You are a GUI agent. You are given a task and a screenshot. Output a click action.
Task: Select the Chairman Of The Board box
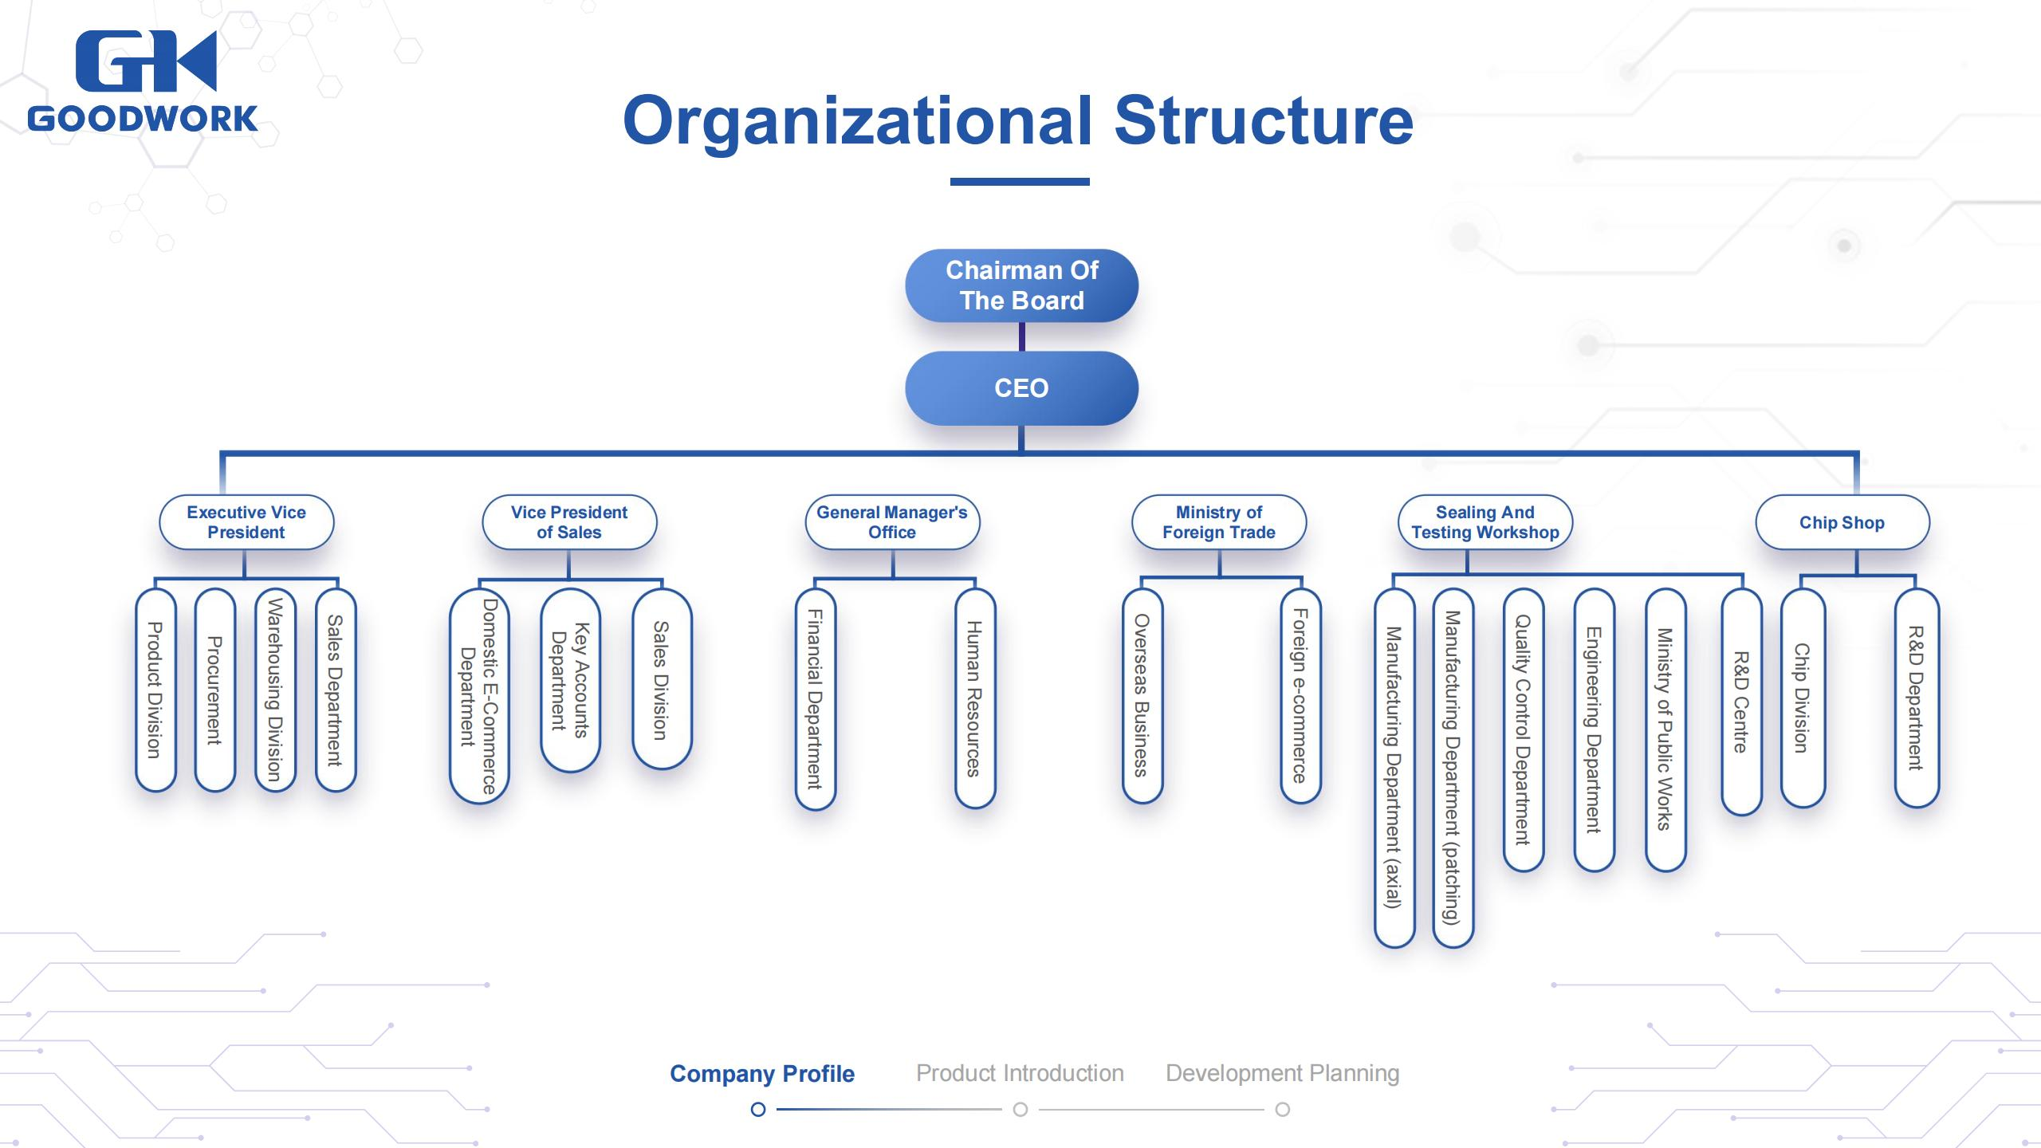tap(1021, 285)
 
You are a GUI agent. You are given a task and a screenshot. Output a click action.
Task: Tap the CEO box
tap(1021, 388)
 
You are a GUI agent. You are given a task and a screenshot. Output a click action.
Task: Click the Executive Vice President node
tap(246, 522)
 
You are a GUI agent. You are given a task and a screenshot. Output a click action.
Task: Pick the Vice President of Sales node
tap(569, 522)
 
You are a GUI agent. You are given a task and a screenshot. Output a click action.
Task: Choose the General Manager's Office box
tap(892, 522)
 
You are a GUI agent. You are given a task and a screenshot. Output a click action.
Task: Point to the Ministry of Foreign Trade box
tap(1219, 522)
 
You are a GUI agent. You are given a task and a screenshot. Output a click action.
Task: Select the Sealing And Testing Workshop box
tap(1485, 522)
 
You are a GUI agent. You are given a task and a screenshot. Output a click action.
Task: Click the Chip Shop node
tap(1842, 522)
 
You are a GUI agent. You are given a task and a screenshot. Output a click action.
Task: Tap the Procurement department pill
tap(214, 690)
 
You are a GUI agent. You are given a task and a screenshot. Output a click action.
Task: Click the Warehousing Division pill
tap(275, 690)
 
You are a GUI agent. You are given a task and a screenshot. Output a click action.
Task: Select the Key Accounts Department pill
tap(570, 679)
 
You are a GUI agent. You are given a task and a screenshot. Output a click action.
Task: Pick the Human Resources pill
tap(974, 698)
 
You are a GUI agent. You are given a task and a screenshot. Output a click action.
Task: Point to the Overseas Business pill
tap(1142, 695)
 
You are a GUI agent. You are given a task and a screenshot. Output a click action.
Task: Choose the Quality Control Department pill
tap(1523, 729)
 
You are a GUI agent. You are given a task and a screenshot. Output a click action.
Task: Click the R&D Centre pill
tap(1741, 702)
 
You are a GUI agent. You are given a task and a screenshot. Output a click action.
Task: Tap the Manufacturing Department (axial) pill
tap(1394, 768)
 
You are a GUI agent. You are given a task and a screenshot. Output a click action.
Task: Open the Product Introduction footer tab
tap(1020, 1073)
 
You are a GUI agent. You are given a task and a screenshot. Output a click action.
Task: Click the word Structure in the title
tap(1263, 120)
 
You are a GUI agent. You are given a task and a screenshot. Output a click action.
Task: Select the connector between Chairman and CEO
tap(1021, 336)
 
